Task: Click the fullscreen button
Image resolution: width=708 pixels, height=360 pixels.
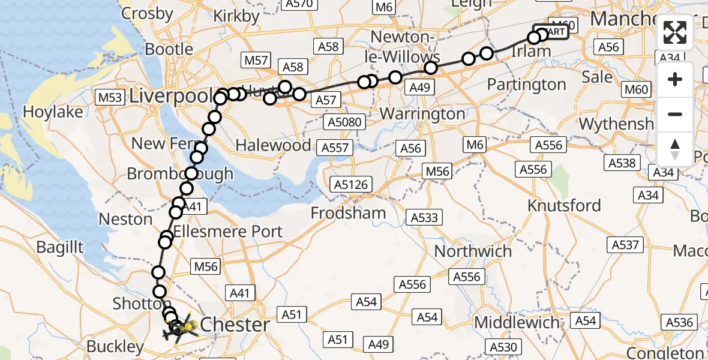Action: click(675, 32)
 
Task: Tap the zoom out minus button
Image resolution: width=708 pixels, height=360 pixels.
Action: click(675, 114)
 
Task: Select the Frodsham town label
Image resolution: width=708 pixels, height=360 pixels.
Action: click(348, 212)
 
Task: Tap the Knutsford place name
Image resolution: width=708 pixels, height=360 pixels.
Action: click(563, 205)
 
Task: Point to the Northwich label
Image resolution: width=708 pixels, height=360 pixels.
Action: click(473, 251)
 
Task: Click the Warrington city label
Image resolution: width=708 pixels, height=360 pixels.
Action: click(422, 113)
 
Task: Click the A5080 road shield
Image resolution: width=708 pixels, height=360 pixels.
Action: click(344, 122)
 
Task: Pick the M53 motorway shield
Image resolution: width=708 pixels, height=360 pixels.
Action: click(110, 97)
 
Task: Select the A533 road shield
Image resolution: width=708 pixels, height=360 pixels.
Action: click(424, 217)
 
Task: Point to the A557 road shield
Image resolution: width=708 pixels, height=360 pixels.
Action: click(335, 148)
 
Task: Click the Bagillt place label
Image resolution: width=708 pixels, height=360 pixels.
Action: click(59, 247)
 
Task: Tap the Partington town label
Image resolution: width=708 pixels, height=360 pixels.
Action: click(526, 85)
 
